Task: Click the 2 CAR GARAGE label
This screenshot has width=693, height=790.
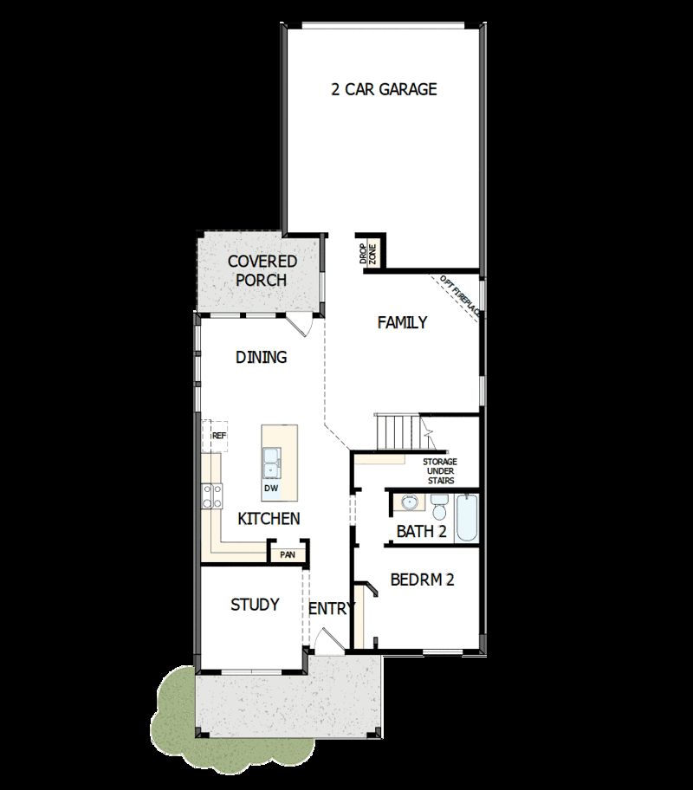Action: [384, 89]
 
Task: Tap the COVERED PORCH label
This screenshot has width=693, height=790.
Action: [262, 270]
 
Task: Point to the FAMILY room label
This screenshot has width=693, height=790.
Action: [402, 323]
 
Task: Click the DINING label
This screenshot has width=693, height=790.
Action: [261, 357]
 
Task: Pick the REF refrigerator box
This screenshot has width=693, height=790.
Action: [217, 437]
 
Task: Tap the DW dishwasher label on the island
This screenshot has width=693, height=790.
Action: [271, 489]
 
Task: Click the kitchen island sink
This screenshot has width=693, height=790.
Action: [271, 463]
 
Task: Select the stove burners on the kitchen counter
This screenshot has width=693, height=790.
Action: [210, 495]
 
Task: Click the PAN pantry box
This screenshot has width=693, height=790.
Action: [287, 554]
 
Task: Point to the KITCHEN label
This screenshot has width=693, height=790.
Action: [269, 519]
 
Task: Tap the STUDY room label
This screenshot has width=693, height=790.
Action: [255, 605]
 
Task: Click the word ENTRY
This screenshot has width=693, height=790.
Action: [332, 609]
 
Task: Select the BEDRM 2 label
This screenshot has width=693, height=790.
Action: [422, 580]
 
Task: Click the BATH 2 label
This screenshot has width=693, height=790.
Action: [421, 531]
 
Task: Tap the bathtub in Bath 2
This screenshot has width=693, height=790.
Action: [465, 518]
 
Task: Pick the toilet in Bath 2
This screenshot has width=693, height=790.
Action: [438, 503]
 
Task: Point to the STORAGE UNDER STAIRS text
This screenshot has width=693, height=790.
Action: [439, 471]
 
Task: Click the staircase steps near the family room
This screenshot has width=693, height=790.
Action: [398, 428]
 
